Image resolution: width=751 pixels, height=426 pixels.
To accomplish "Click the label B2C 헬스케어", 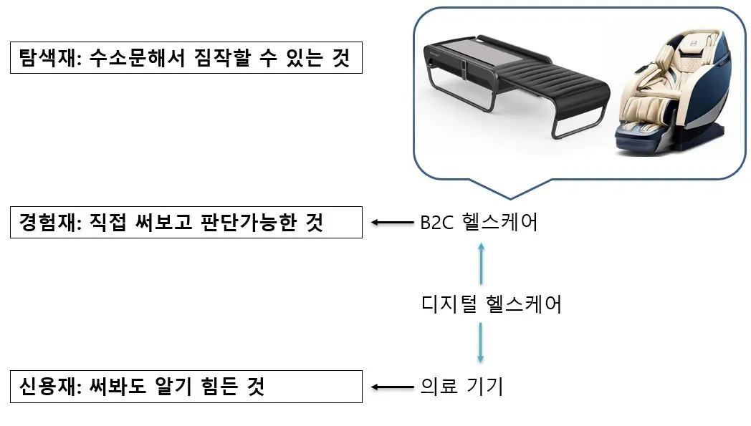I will (x=479, y=223).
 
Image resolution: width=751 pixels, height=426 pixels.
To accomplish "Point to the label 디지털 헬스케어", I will (x=492, y=304).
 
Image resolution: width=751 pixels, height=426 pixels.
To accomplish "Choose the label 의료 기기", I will (x=461, y=387).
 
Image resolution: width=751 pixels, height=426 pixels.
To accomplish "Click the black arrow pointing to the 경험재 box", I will (x=393, y=223).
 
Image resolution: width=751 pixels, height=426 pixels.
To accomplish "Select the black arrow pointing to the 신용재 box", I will (x=393, y=387).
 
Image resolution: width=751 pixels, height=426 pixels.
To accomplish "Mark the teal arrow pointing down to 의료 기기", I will (x=481, y=344).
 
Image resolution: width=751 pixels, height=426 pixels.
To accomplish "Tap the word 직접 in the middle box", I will (x=107, y=223).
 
